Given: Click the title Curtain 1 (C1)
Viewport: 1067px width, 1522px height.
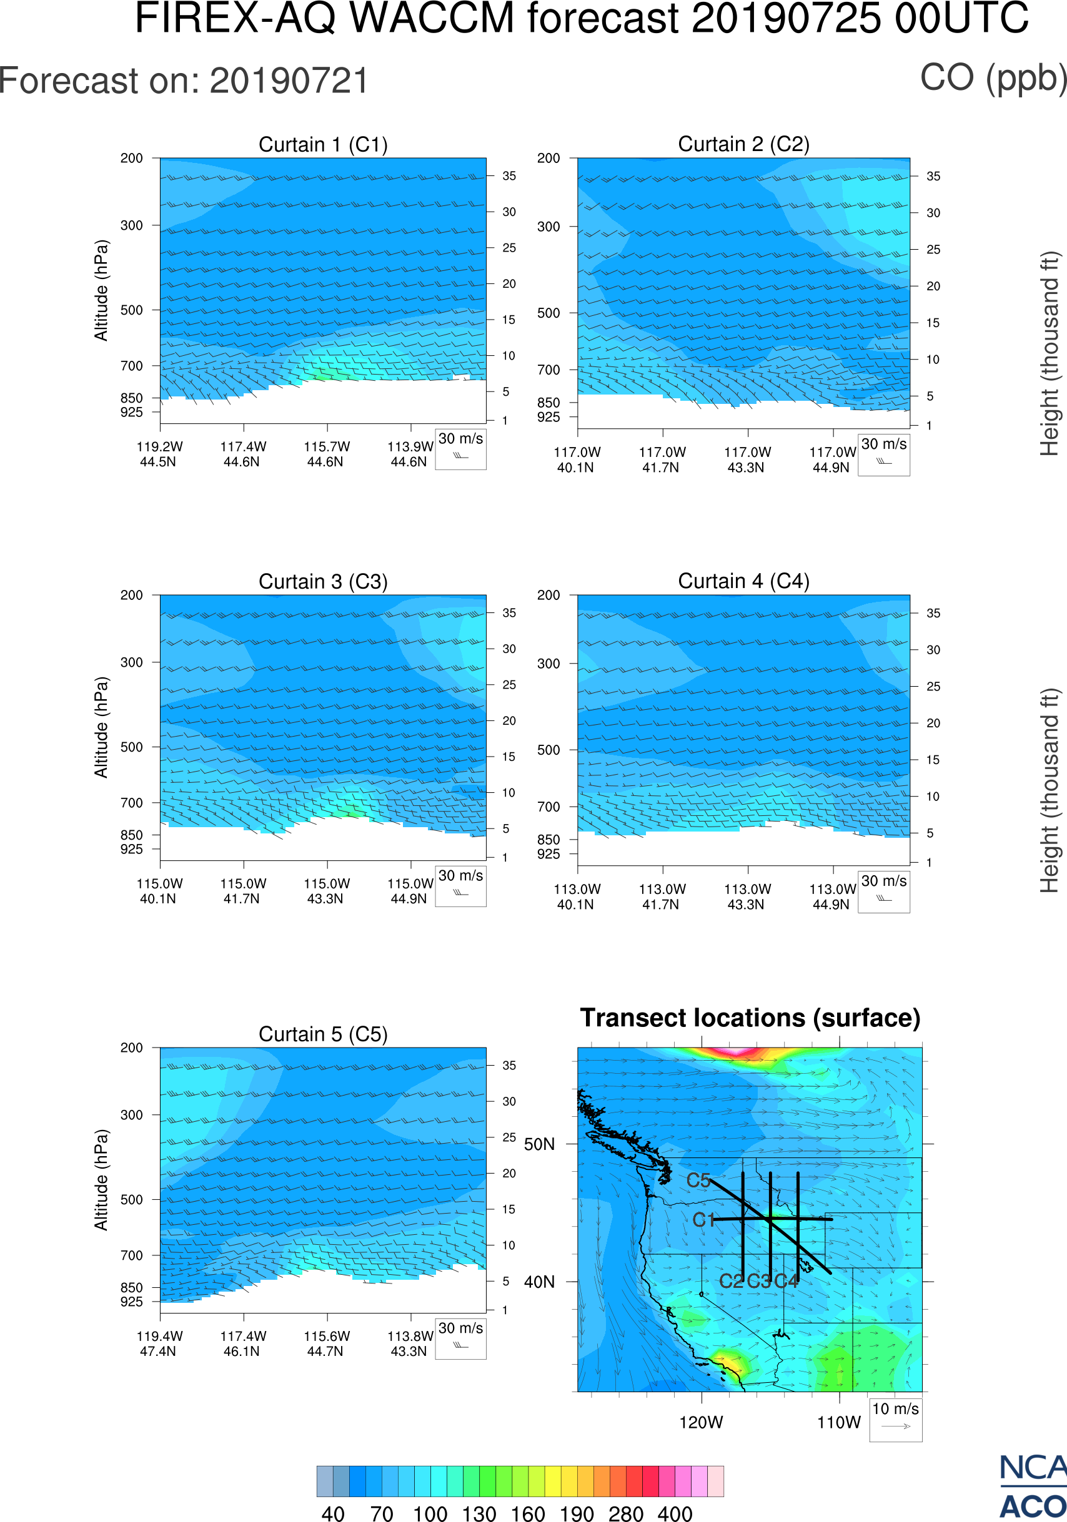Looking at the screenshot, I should (x=323, y=144).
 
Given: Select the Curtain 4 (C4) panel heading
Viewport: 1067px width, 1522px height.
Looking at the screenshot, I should (x=743, y=581).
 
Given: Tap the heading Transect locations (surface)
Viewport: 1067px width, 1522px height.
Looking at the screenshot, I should (x=750, y=1018).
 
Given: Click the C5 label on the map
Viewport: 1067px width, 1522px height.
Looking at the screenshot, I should (x=698, y=1181).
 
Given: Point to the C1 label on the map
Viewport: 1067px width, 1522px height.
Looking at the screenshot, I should (x=703, y=1220).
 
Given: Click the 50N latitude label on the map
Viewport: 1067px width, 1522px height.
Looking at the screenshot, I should (x=539, y=1145).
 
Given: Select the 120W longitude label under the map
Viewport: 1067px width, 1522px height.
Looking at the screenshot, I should (x=701, y=1423).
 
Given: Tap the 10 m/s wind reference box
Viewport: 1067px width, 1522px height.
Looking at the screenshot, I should (x=895, y=1419).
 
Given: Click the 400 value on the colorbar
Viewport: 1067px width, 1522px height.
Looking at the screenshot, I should (x=675, y=1513).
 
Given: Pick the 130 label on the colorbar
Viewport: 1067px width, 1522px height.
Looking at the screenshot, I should (x=479, y=1513).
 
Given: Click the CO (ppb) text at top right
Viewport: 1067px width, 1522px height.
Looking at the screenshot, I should (x=993, y=78).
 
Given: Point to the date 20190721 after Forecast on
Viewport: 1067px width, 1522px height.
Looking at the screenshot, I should (x=289, y=82).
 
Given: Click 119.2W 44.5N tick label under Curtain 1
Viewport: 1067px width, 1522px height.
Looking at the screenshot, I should (x=159, y=454).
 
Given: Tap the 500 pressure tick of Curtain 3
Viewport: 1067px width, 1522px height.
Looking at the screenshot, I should (x=131, y=747).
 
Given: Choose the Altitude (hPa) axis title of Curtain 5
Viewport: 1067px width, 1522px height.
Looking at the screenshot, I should (x=101, y=1180).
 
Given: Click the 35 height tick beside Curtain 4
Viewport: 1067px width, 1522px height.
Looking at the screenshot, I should (x=933, y=613).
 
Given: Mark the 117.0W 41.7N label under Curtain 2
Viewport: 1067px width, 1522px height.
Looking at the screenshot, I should (x=662, y=460).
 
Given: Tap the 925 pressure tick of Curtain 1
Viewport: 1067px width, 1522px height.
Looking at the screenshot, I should (x=131, y=412).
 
